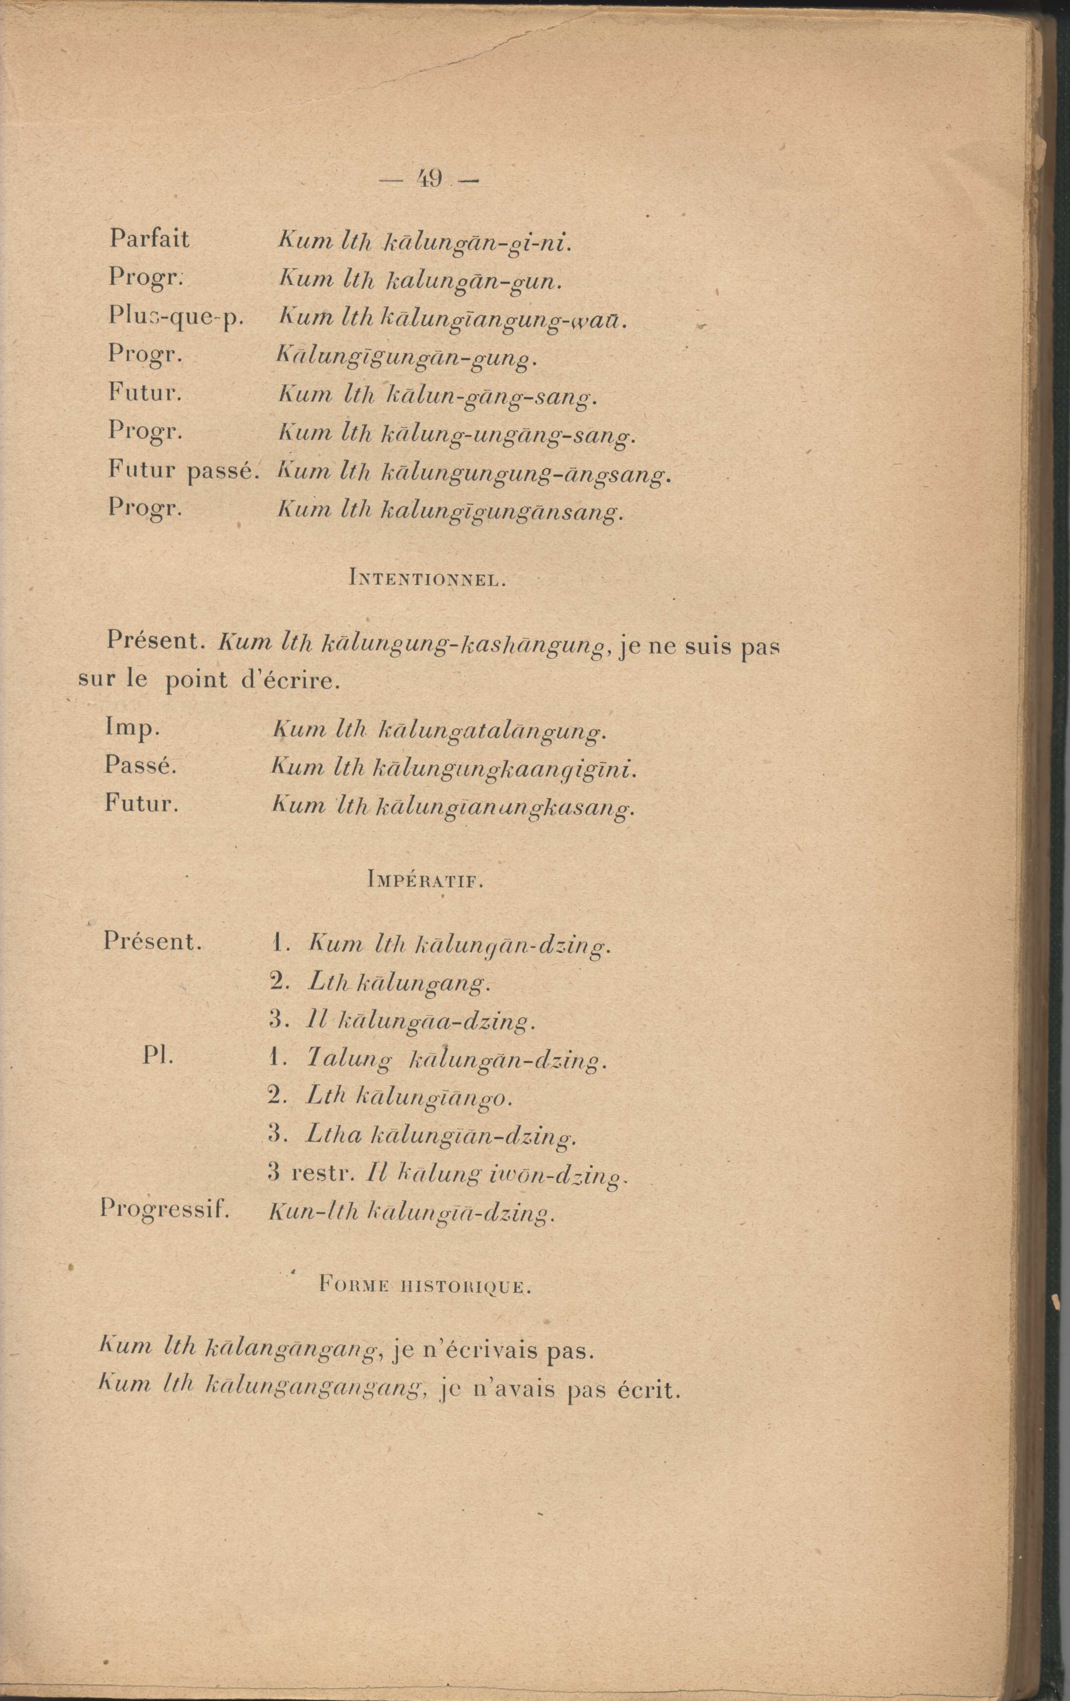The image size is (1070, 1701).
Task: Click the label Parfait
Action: pos(149,239)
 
